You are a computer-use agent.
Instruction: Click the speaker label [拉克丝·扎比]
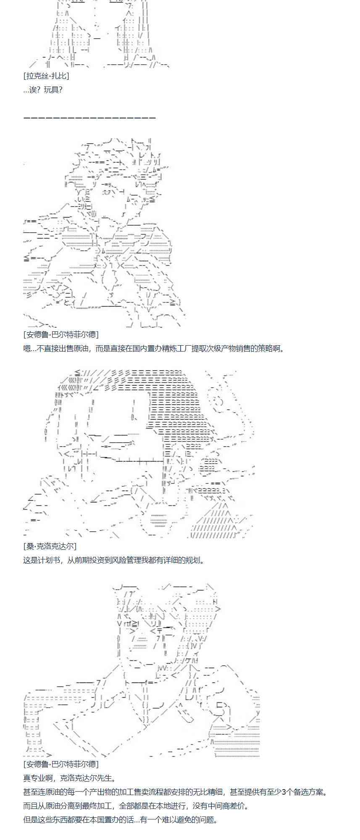(46, 76)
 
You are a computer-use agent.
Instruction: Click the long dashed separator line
(89, 118)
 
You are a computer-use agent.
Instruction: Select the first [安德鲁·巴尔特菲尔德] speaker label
(61, 335)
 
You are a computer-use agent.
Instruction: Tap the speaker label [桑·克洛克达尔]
(50, 546)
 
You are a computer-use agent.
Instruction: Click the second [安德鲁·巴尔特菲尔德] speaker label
(61, 764)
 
